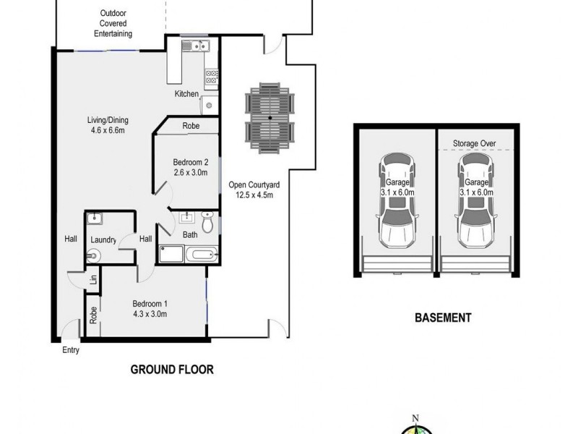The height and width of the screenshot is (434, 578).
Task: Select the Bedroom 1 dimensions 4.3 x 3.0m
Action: [x=149, y=314]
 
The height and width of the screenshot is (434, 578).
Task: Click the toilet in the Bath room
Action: [x=207, y=224]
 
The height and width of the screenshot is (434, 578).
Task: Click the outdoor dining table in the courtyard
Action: [x=269, y=117]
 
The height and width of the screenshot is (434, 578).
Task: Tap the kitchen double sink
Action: [x=194, y=48]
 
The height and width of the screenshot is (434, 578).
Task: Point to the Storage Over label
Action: [x=474, y=144]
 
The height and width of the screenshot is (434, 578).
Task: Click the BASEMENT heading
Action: [x=443, y=318]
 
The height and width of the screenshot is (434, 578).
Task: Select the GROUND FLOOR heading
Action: [x=171, y=369]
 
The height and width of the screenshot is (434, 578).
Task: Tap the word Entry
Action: [x=70, y=350]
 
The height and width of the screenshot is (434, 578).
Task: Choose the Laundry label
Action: [x=104, y=239]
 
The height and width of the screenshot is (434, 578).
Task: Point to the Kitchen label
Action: [x=186, y=94]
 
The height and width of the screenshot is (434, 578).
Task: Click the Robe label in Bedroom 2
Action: [x=191, y=125]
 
